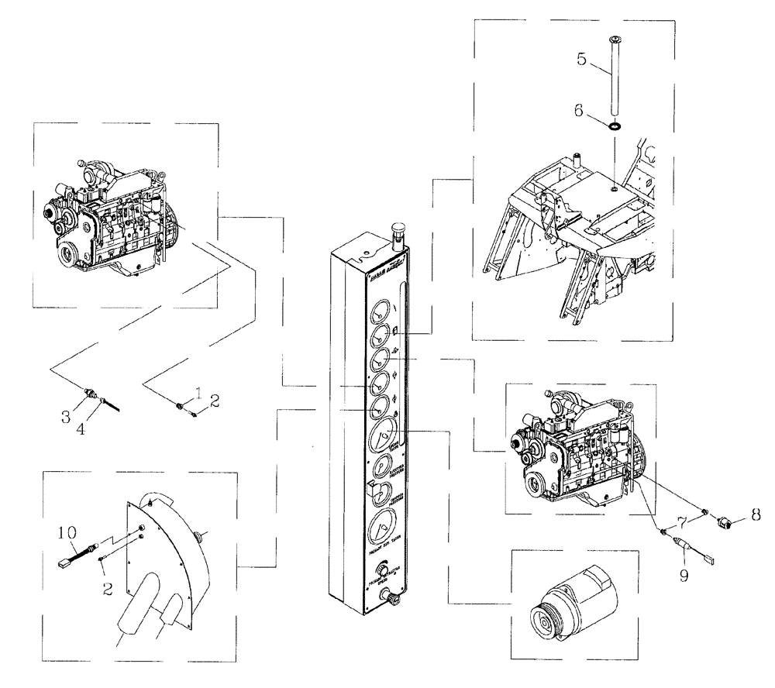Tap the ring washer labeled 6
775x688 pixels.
(615, 126)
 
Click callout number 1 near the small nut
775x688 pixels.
(198, 394)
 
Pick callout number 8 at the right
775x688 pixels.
(754, 513)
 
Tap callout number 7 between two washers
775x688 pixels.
(681, 516)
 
